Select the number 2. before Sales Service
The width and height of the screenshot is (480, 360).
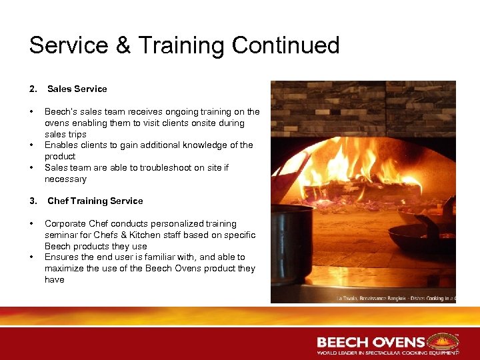click(33, 89)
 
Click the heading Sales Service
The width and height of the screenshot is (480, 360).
click(77, 89)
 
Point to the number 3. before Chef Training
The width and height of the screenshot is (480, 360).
click(33, 201)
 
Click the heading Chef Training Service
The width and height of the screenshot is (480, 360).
click(95, 201)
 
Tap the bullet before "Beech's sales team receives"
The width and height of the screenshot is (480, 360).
click(31, 112)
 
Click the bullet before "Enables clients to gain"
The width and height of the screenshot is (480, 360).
click(31, 145)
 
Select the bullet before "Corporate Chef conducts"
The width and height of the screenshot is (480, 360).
click(31, 224)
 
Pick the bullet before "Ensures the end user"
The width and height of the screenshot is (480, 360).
click(31, 257)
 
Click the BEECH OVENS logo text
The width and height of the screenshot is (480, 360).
click(371, 342)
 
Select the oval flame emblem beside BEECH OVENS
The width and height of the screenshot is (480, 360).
click(443, 341)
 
